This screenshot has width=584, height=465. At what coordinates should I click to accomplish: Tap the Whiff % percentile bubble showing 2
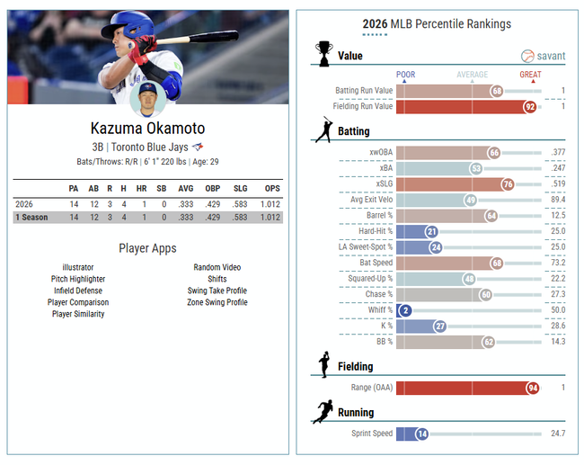406,309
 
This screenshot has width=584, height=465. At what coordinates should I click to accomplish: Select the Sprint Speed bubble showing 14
421,434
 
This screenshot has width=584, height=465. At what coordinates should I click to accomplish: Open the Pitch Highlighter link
77,279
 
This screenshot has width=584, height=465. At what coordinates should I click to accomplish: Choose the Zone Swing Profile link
217,302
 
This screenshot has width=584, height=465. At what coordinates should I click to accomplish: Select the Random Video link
217,267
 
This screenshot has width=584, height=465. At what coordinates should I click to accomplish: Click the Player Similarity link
77,314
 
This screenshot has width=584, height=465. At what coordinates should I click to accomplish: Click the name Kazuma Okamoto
147,128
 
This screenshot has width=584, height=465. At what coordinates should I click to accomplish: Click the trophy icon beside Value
323,54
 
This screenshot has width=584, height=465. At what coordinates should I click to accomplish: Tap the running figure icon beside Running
323,413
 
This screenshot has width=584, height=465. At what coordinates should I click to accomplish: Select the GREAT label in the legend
530,75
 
